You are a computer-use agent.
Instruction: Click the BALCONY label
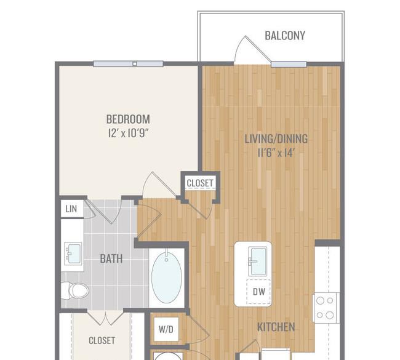285,36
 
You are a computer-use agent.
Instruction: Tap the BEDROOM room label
128,119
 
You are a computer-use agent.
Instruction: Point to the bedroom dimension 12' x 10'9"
128,133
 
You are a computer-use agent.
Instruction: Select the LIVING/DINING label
276,139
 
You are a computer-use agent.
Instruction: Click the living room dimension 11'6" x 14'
276,153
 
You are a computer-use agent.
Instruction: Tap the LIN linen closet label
71,209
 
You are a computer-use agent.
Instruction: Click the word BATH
111,258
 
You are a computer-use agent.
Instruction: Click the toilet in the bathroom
75,290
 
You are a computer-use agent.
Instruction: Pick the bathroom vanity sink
73,254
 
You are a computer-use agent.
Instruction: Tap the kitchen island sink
258,262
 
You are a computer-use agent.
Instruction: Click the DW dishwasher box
258,291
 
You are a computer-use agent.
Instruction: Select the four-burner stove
326,308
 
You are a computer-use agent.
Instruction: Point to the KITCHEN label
276,327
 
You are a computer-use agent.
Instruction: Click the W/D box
166,329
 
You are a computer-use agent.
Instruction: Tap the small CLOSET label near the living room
200,183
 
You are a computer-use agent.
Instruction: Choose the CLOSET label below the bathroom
102,340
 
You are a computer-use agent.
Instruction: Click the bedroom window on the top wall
128,64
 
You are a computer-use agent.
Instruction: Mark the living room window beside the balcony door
289,64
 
